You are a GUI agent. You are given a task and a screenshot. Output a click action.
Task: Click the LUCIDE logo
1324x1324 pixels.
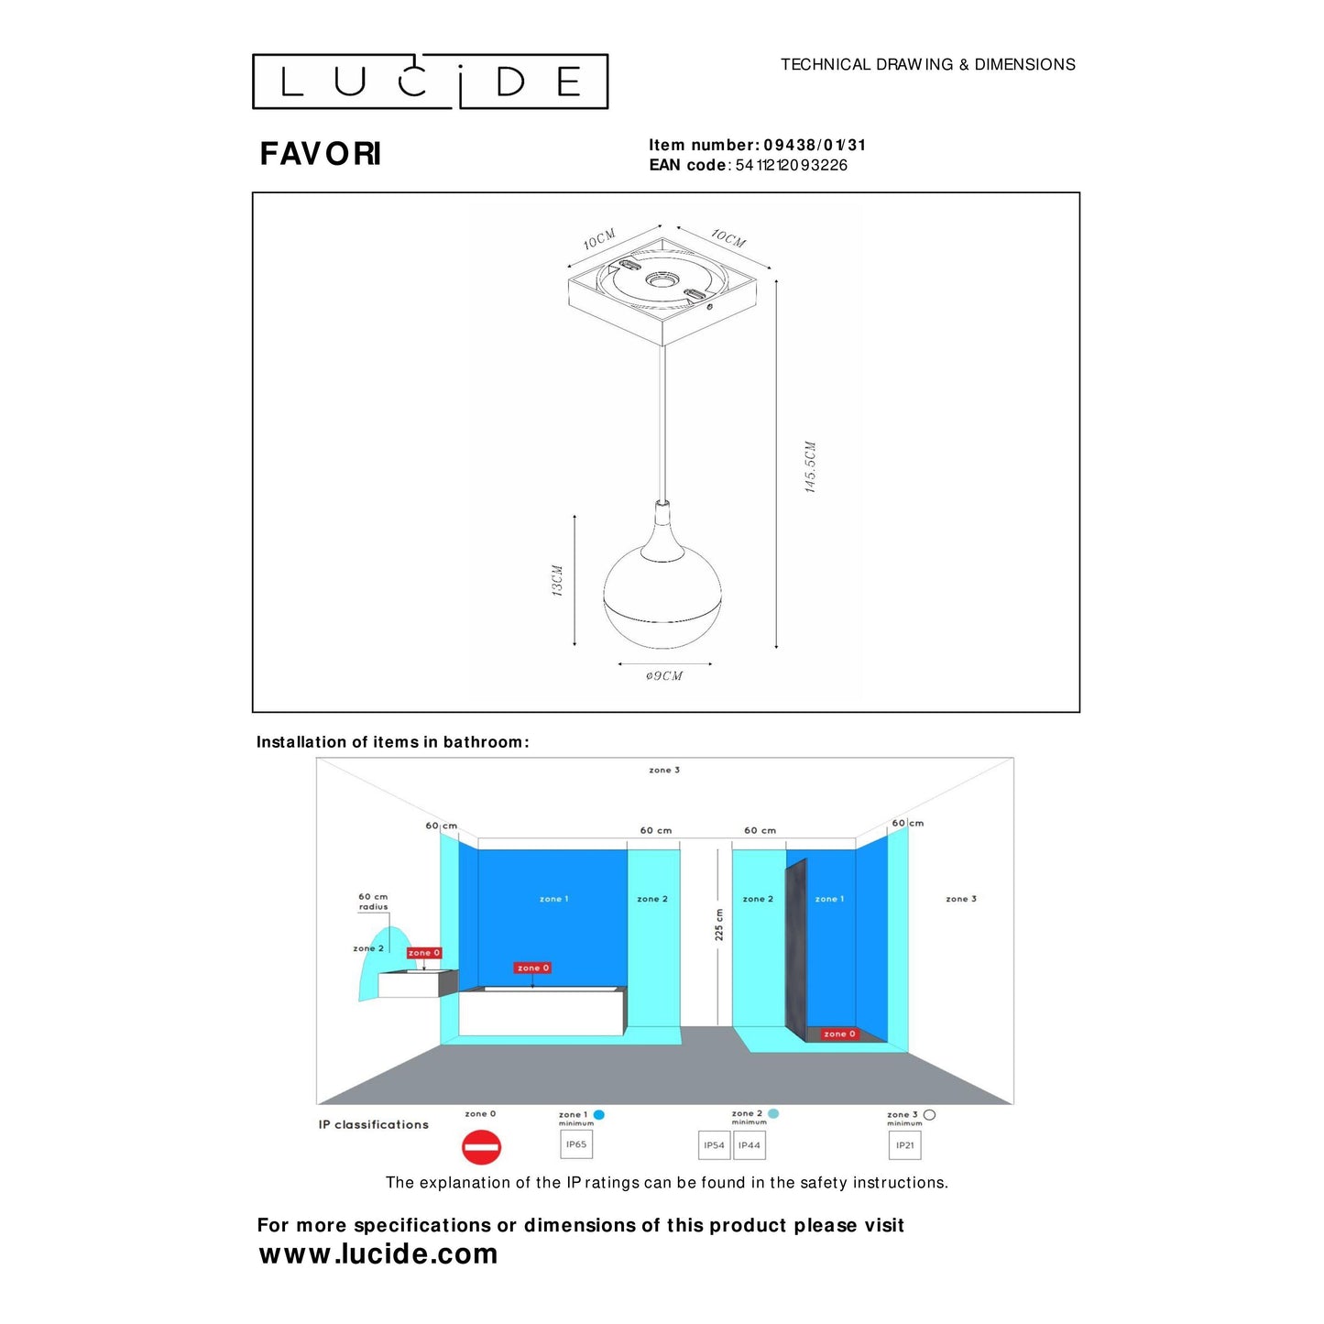430,82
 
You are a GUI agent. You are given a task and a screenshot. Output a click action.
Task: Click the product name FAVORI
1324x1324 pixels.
320,154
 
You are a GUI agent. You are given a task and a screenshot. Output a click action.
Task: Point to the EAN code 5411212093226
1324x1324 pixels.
791,165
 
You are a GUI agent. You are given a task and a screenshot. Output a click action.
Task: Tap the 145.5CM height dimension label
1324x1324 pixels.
810,467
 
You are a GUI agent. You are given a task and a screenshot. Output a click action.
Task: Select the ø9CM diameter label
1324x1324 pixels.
664,676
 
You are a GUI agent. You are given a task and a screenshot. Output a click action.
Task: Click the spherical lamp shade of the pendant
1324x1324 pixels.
662,596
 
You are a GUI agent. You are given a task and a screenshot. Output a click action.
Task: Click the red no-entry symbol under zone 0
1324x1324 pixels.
481,1147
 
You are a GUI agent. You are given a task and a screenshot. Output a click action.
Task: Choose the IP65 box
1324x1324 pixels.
576,1144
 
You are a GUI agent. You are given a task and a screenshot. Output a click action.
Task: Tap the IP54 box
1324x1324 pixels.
714,1145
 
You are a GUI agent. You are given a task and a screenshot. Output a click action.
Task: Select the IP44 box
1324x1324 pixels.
750,1145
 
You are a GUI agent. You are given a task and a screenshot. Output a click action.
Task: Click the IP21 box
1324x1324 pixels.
904,1145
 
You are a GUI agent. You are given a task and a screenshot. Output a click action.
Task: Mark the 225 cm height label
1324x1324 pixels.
719,925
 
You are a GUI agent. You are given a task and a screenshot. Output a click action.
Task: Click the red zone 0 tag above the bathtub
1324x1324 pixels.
532,968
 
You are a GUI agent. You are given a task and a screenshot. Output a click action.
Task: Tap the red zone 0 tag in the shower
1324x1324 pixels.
839,1034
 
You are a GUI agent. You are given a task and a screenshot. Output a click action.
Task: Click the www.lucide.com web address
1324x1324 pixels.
378,1253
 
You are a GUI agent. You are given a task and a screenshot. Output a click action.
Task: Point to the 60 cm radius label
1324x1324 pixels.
373,902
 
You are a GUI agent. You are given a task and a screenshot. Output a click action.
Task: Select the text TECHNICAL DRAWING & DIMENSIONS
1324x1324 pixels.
927,64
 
